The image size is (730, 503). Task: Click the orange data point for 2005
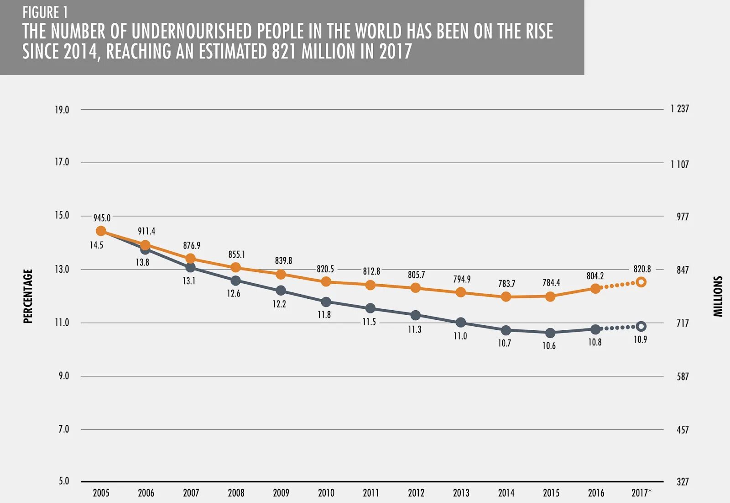tap(101, 231)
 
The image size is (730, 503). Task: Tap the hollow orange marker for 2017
tap(641, 282)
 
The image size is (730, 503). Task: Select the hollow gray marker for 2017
tap(641, 326)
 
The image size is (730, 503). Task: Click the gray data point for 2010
tap(326, 302)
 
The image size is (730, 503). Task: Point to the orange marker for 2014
tap(506, 297)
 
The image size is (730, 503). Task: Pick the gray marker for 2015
tap(550, 333)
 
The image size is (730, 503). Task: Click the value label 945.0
tap(102, 218)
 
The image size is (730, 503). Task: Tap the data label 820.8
tap(642, 269)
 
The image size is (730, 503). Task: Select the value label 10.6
tap(549, 346)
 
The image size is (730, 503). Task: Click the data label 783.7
tap(506, 284)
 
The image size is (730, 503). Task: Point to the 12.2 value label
tap(279, 304)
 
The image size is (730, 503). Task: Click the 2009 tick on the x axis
tap(281, 492)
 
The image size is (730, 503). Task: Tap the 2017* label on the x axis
tap(641, 492)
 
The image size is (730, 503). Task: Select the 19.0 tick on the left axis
tap(62, 110)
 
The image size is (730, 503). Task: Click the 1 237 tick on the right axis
tap(679, 109)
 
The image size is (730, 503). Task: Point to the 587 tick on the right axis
tap(683, 376)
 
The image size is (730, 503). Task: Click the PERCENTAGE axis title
tap(28, 296)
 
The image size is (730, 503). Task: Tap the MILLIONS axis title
tap(718, 296)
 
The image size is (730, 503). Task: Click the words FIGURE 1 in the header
tap(45, 12)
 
